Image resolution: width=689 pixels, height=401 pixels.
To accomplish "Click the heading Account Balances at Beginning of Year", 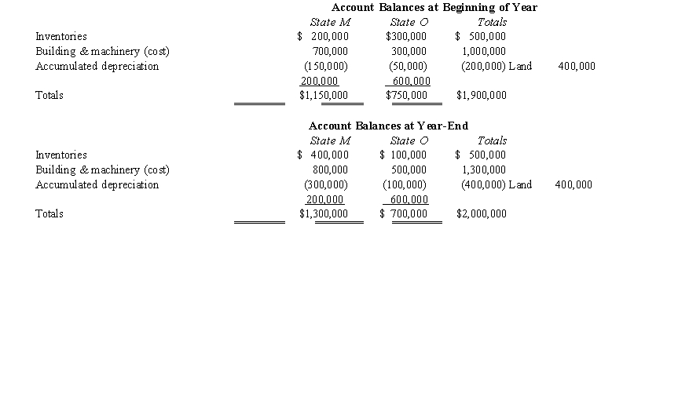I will [x=434, y=7].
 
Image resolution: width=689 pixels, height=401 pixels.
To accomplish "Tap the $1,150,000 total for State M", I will [x=324, y=96].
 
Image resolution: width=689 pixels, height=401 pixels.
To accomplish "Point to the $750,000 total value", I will [x=406, y=96].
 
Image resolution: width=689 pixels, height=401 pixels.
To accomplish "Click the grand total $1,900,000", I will [x=481, y=96].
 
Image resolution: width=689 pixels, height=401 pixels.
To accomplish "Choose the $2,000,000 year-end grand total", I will [x=481, y=214].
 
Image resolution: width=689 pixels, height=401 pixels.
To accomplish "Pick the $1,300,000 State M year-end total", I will [x=324, y=214].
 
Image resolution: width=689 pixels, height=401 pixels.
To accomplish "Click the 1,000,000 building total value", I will [x=484, y=52].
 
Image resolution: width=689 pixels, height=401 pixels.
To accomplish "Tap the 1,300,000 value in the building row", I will [x=484, y=170].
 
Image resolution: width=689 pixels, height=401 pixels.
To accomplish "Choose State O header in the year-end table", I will [x=409, y=141].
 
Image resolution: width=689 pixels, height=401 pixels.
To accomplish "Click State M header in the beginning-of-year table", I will [x=330, y=23].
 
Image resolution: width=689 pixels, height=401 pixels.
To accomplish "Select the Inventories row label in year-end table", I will [x=61, y=155].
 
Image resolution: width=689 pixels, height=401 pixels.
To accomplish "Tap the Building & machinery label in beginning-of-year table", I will [x=102, y=52].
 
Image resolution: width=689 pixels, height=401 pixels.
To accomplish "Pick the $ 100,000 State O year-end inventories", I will [x=403, y=155].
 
